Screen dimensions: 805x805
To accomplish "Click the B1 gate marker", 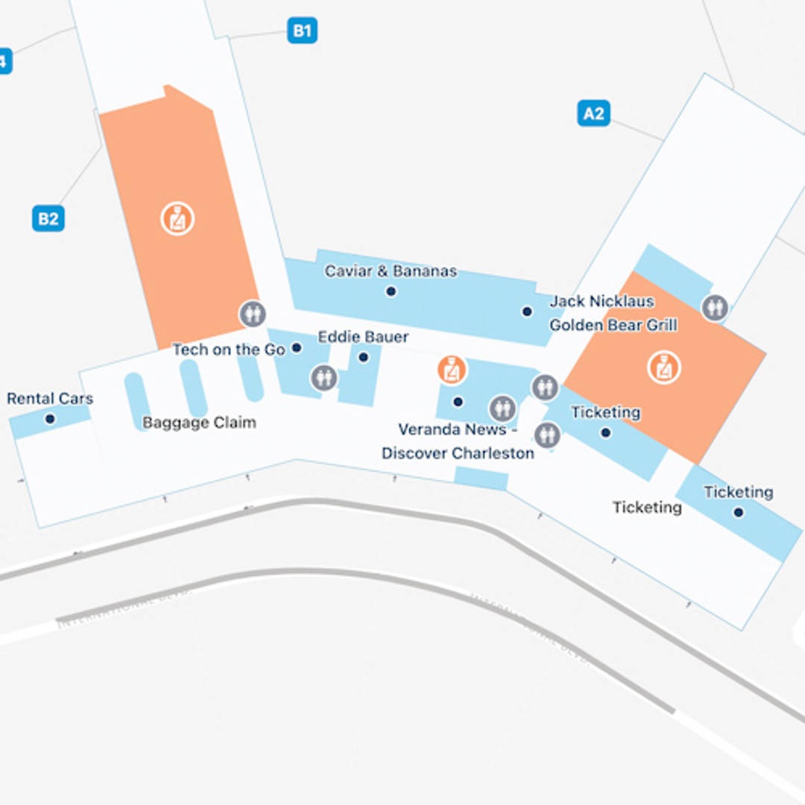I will [302, 31].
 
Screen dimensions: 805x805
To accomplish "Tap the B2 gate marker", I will [48, 219].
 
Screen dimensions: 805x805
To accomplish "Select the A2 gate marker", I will [593, 113].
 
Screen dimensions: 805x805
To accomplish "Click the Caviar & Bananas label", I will [391, 271].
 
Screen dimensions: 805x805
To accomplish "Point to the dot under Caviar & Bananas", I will [391, 291].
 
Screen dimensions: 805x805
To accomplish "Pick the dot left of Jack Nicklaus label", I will [527, 312].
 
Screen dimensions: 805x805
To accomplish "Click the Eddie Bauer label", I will [363, 337].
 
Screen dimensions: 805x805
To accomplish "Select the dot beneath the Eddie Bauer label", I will [363, 357].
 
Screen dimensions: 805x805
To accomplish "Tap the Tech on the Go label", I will [229, 350].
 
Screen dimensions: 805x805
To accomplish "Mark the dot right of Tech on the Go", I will [297, 347].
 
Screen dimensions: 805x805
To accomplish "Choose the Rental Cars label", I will [50, 399].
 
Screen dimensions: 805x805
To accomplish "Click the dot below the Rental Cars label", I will [50, 419].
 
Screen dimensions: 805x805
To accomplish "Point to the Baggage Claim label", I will [199, 423].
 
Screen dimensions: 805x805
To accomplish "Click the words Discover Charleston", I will [458, 453].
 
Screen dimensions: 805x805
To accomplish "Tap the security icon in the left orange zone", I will [177, 219].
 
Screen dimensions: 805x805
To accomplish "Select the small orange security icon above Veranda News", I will [452, 370].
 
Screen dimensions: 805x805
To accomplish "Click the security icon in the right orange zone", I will [663, 368].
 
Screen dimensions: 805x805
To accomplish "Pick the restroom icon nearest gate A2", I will [715, 307].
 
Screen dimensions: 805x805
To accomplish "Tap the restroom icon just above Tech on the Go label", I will [253, 314].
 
